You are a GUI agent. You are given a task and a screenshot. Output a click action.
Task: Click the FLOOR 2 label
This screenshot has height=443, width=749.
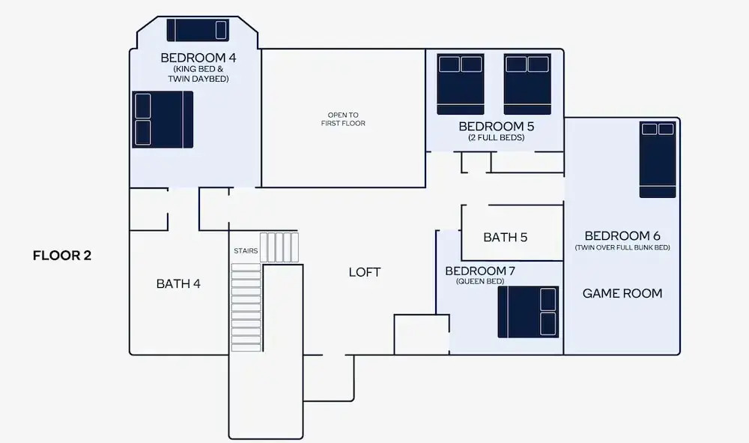point(62,256)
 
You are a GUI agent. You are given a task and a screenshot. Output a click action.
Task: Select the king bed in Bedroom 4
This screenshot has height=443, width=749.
point(163,119)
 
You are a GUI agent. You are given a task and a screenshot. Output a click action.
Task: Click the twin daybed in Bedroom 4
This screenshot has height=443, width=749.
point(198,30)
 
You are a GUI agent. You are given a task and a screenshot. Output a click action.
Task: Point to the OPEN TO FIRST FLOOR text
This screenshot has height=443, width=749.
point(343,119)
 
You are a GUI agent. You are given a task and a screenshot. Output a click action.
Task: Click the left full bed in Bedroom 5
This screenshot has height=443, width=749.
point(461,83)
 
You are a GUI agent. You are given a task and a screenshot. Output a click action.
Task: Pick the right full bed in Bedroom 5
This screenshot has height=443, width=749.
point(527,83)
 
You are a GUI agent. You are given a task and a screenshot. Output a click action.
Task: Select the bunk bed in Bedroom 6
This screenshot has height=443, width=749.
point(658,160)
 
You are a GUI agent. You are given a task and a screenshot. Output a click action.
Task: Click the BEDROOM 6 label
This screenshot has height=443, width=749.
point(622,235)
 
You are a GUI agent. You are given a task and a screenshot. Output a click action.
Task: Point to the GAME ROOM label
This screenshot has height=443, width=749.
point(622,293)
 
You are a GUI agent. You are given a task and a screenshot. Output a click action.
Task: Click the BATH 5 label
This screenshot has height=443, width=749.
point(505,238)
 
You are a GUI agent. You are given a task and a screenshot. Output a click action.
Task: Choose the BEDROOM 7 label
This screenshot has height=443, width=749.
point(480,271)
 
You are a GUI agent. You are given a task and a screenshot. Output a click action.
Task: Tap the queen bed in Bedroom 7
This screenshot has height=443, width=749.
point(528,311)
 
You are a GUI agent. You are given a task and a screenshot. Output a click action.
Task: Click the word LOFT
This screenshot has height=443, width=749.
point(365,272)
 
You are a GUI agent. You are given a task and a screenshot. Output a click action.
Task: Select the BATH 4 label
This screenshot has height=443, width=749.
point(178,283)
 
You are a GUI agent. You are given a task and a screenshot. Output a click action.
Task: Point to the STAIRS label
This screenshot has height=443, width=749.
point(246,251)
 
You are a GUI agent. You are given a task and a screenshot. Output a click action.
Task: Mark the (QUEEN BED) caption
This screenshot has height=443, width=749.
point(480,282)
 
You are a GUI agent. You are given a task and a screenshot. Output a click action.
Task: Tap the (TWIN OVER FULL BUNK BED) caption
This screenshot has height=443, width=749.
point(622,247)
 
